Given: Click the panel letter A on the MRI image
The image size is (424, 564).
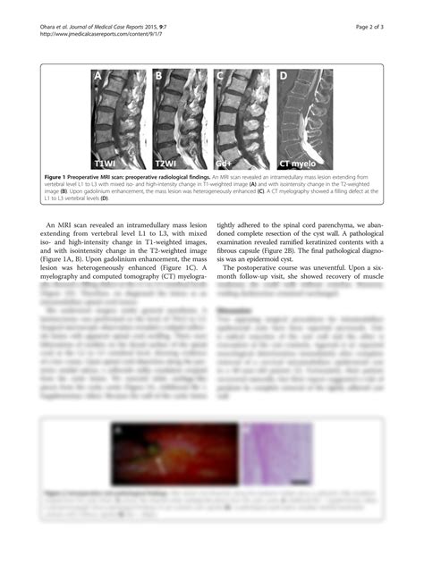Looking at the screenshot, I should tap(98, 77).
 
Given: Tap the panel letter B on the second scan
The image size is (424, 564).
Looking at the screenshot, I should tap(158, 77).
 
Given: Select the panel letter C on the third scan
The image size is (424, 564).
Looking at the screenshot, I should tap(219, 77).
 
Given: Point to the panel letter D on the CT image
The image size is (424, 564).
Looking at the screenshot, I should tap(284, 77).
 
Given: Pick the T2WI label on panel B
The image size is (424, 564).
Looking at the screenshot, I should tap(166, 164).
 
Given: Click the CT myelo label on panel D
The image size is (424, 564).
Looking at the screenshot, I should tap(296, 164).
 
